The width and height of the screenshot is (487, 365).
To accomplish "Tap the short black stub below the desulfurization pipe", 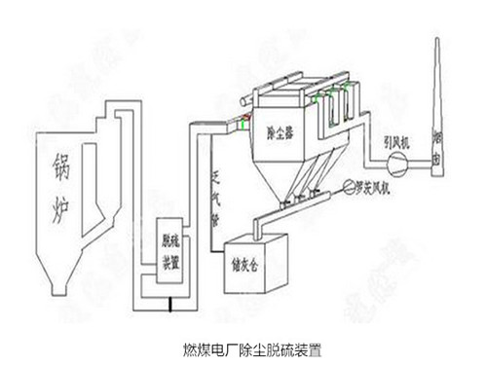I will [x=171, y=308].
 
